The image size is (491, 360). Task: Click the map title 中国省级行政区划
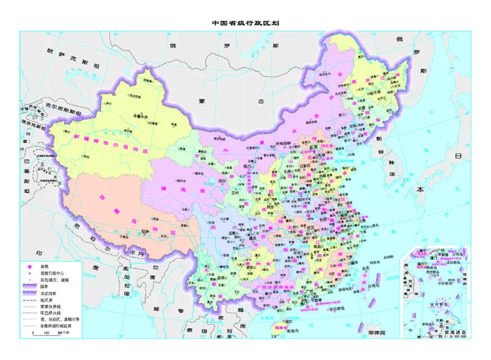coord(245,23)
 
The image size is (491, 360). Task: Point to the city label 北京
coord(313,147)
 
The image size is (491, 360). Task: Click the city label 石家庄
coord(305,165)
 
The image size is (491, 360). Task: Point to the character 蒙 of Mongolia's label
coord(201,100)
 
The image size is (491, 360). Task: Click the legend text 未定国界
coord(48,292)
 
